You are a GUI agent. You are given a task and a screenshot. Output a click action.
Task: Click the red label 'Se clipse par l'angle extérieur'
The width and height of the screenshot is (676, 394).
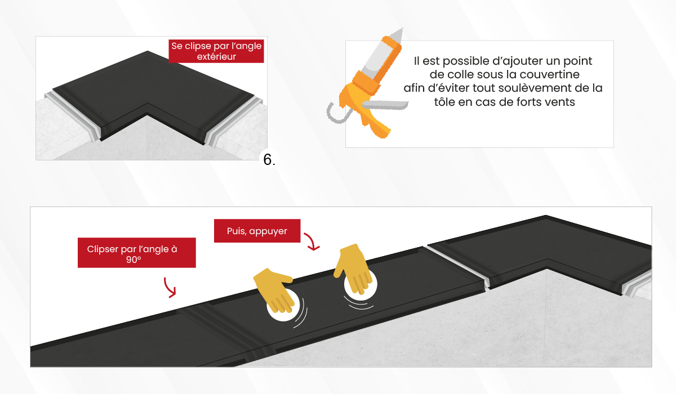(216, 51)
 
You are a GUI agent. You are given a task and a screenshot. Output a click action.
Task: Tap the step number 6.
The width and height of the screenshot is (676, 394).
(269, 159)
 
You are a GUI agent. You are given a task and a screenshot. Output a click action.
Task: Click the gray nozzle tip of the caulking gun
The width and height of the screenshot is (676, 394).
(398, 35)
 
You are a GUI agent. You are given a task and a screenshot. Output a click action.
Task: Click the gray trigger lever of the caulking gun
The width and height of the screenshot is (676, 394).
(385, 105)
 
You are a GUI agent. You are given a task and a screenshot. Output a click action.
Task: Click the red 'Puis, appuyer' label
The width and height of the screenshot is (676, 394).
(257, 231)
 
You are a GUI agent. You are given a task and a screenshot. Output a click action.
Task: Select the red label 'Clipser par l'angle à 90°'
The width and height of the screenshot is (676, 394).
(137, 253)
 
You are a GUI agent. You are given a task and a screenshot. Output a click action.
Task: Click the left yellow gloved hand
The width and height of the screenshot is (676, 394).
(274, 289)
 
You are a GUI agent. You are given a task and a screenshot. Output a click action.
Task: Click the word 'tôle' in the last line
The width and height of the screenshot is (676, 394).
(444, 102)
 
